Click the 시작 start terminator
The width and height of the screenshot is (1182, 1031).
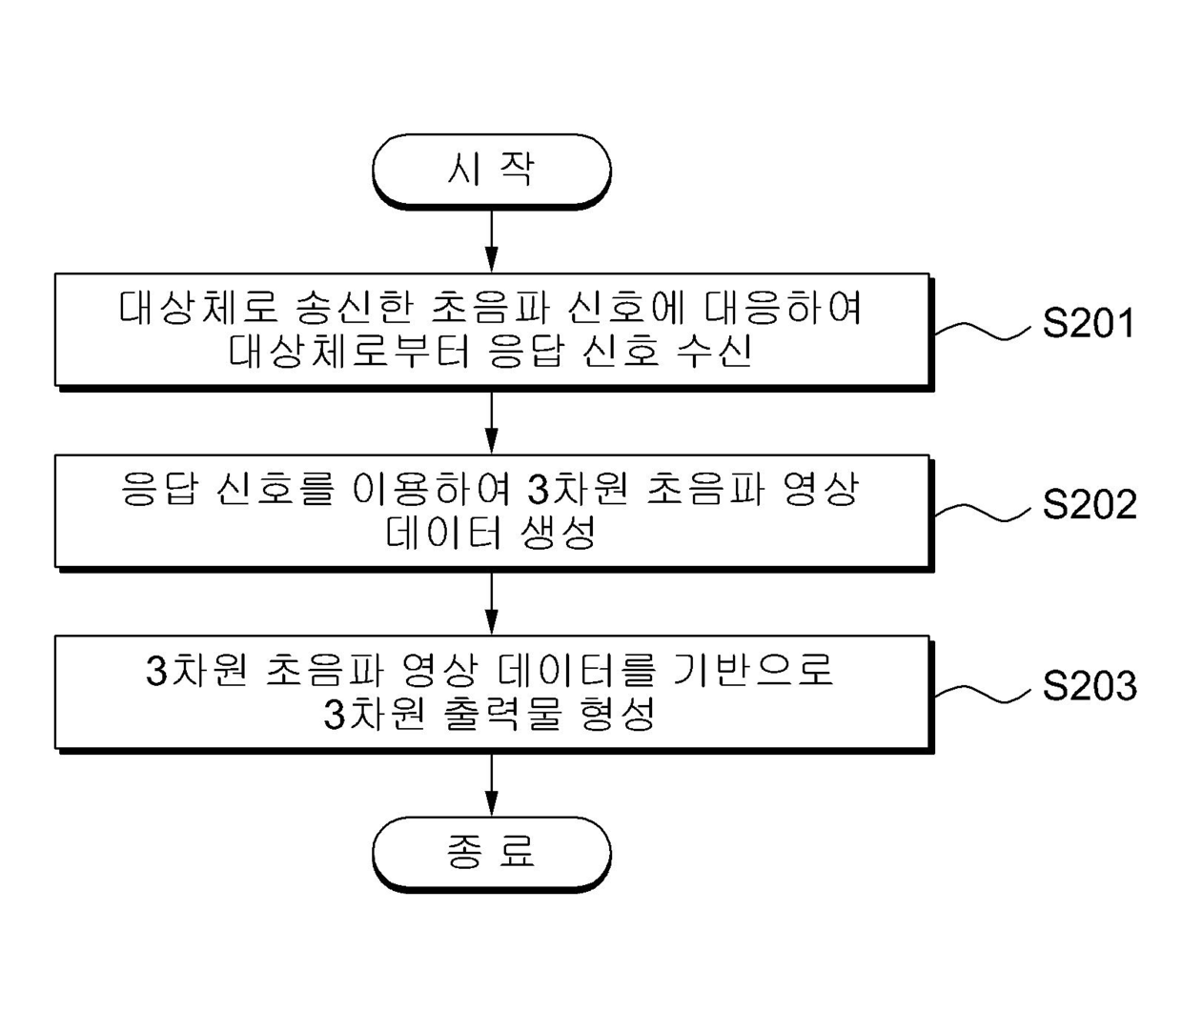491,170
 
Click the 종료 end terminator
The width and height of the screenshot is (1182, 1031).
491,852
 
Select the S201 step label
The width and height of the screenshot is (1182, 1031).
1089,324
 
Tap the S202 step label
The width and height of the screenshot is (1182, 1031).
1089,504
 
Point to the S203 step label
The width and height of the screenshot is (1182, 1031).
1089,685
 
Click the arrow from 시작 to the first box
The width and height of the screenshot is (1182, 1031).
491,239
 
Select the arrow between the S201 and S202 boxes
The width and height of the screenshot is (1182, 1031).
491,420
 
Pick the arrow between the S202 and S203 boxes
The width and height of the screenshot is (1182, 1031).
491,602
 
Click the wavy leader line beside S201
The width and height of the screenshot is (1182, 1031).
982,330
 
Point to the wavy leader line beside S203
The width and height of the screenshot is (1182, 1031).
982,693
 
